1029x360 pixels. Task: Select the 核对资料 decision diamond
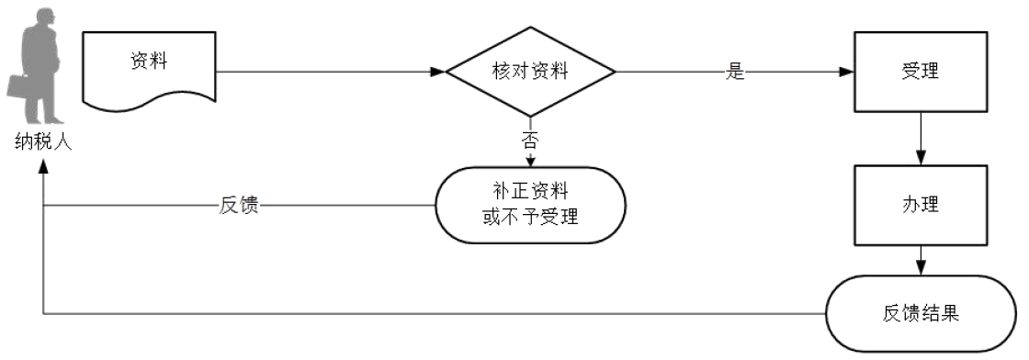pyautogui.click(x=530, y=71)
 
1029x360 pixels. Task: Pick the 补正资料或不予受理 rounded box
pyautogui.click(x=530, y=205)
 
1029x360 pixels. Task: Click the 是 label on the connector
pyautogui.click(x=734, y=72)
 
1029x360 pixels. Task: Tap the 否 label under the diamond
pyautogui.click(x=530, y=140)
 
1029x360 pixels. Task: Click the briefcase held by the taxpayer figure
pyautogui.click(x=19, y=87)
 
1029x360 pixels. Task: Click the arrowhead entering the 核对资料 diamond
pyautogui.click(x=438, y=71)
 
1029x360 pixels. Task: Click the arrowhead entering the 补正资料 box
pyautogui.click(x=530, y=163)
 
